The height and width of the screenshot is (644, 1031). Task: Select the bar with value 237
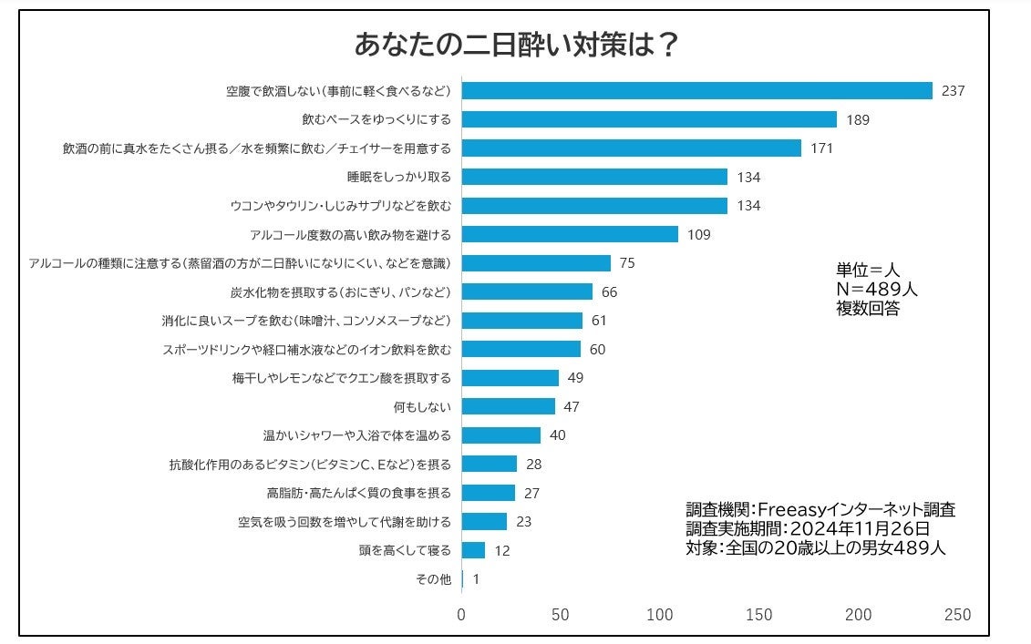coord(697,90)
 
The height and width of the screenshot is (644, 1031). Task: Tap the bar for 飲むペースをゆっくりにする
coord(649,119)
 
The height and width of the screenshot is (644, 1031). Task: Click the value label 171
coord(822,148)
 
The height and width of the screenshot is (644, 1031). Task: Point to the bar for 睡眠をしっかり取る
coord(594,177)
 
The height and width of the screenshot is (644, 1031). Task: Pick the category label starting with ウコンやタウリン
coord(350,205)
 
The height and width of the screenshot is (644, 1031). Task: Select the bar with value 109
coord(570,234)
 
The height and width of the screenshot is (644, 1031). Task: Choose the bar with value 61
coord(522,321)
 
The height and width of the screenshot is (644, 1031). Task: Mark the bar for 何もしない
coord(509,406)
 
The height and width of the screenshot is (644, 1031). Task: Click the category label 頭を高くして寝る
coord(406,550)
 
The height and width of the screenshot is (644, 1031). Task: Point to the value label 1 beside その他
coord(476,578)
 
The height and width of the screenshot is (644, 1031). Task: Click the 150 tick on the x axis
coord(759,615)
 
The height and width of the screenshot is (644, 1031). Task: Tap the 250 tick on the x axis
coord(958,615)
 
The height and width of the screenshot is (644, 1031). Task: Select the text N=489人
coord(876,289)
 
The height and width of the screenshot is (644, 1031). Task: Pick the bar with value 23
coord(484,521)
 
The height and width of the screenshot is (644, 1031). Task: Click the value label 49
coord(575,378)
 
